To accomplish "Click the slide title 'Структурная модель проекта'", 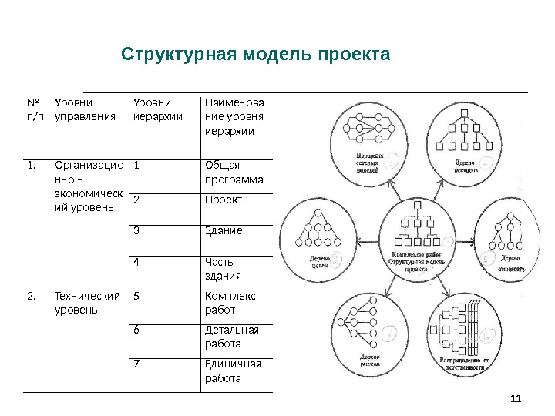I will point(256,55).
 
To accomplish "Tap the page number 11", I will point(516,398).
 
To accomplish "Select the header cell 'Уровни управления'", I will point(81,109).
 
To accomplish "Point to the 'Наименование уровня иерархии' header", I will point(234,116).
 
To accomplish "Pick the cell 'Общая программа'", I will point(234,173).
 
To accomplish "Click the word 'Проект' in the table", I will point(224,200).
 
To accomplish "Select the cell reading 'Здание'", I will point(224,230).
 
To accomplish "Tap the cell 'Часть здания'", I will point(223,269).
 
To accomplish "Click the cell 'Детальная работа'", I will point(231,337).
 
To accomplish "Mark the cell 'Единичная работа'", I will point(233,371).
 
